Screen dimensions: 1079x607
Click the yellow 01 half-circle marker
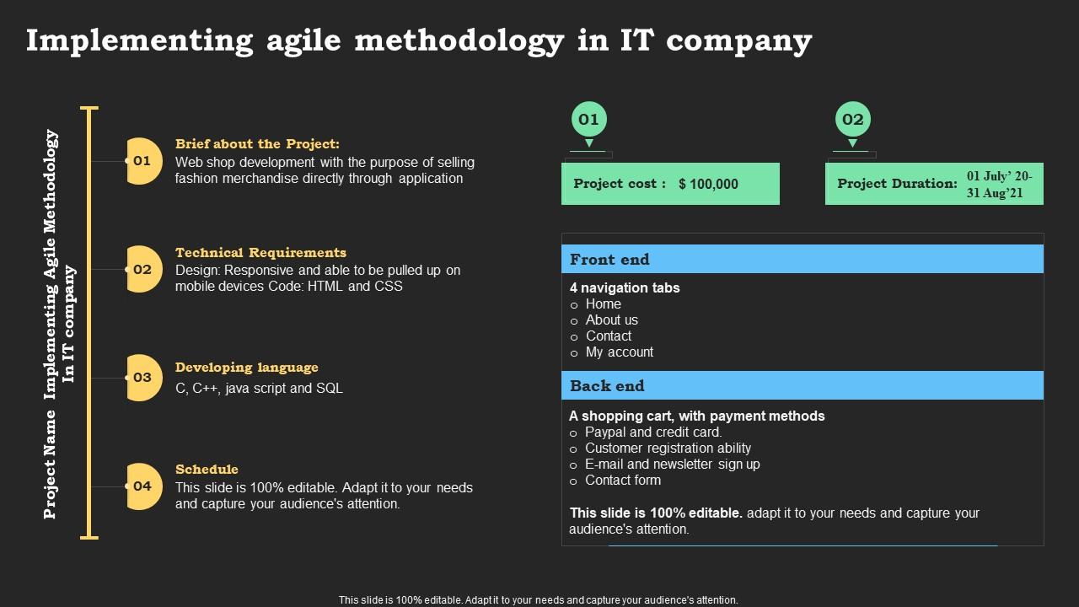pyautogui.click(x=143, y=161)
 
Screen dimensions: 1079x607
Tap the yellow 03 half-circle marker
pyautogui.click(x=143, y=378)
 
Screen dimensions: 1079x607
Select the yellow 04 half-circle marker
pyautogui.click(x=143, y=486)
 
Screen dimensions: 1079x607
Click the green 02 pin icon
pyautogui.click(x=852, y=123)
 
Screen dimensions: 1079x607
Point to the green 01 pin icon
pyautogui.click(x=588, y=123)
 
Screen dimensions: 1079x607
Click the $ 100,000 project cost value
pyautogui.click(x=708, y=184)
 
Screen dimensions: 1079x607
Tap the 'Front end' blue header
pyautogui.click(x=803, y=259)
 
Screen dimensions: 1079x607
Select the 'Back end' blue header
pyautogui.click(x=803, y=385)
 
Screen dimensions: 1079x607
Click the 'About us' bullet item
pyautogui.click(x=611, y=320)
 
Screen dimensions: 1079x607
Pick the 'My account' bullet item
pyautogui.click(x=619, y=352)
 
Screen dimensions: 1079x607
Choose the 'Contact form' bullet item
pyautogui.click(x=623, y=481)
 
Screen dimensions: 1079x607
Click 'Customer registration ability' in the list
pyautogui.click(x=668, y=448)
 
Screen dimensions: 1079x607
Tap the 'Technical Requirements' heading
pyautogui.click(x=260, y=252)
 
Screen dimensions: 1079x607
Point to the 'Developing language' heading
pyautogui.click(x=247, y=368)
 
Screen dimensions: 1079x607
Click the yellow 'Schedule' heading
pyautogui.click(x=207, y=470)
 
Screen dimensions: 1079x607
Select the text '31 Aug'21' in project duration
pyautogui.click(x=995, y=193)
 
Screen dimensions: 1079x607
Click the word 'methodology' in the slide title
pyautogui.click(x=459, y=41)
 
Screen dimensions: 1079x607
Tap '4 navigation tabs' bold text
pyautogui.click(x=625, y=288)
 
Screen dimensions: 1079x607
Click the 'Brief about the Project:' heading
pyautogui.click(x=257, y=144)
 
